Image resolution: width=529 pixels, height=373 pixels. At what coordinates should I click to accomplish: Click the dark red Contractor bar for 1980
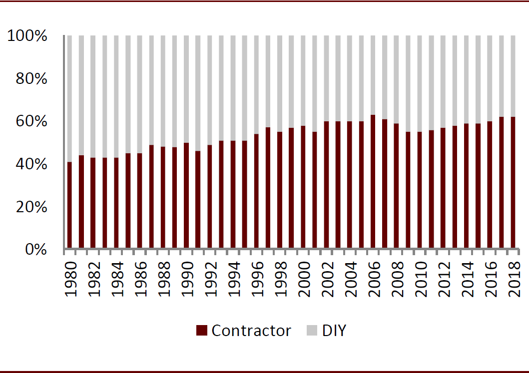(69, 205)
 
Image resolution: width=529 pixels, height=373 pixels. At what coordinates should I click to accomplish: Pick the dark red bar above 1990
(186, 195)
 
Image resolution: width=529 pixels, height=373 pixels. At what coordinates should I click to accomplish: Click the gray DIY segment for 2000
(303, 80)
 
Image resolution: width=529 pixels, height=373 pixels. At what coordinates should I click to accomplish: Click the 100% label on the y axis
(27, 36)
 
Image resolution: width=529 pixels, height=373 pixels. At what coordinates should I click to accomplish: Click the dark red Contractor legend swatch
(201, 331)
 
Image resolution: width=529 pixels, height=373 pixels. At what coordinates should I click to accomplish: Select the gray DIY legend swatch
(311, 331)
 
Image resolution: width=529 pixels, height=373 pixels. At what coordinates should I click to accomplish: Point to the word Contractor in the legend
(251, 331)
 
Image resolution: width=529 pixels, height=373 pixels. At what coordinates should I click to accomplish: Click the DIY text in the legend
(334, 331)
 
